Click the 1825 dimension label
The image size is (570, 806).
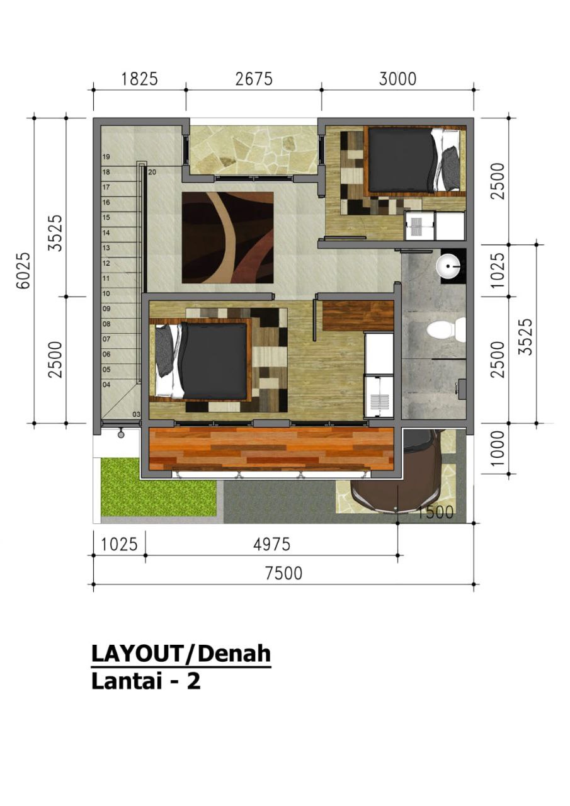click(139, 79)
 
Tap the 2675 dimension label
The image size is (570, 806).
click(254, 79)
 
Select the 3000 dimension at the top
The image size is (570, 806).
click(397, 79)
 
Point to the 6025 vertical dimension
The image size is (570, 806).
click(25, 270)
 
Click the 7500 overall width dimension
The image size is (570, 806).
click(283, 573)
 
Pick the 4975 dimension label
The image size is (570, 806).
click(271, 545)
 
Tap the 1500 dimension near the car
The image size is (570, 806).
click(435, 512)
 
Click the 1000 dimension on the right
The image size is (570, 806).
click(498, 448)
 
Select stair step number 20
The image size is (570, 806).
click(152, 173)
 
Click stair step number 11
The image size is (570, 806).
click(106, 278)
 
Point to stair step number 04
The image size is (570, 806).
click(106, 385)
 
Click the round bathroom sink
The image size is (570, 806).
click(448, 266)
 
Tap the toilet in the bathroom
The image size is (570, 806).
click(446, 329)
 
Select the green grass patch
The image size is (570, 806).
click(159, 487)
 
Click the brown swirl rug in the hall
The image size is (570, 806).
click(227, 237)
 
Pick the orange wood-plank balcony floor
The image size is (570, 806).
click(271, 449)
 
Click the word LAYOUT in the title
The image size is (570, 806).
click(137, 654)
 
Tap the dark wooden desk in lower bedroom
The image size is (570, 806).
click(358, 316)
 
